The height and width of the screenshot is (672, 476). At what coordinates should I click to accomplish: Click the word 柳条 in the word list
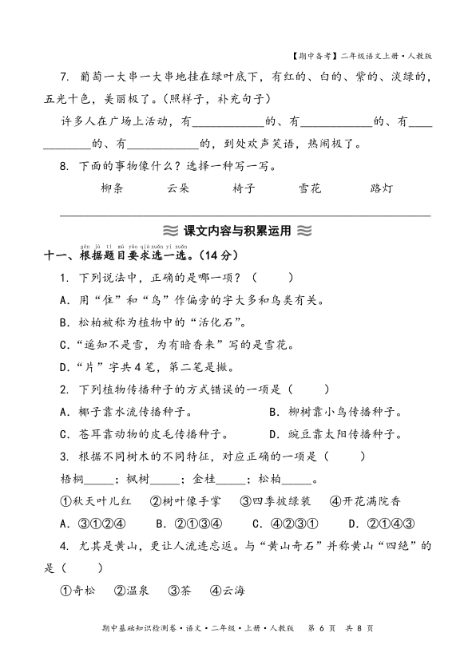click(113, 189)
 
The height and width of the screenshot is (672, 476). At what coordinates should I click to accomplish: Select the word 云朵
click(178, 189)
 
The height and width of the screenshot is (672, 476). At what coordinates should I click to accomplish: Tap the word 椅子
click(244, 189)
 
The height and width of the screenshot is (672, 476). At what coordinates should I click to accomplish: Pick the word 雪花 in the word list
click(309, 189)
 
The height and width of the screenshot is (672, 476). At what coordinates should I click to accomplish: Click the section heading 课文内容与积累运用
click(237, 231)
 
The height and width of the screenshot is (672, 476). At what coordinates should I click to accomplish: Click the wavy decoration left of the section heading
click(169, 231)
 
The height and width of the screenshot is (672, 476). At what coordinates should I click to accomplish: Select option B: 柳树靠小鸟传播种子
click(335, 412)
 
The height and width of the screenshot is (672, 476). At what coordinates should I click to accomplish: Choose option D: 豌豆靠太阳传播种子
click(335, 434)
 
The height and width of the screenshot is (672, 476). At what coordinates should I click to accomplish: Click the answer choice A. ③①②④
click(93, 524)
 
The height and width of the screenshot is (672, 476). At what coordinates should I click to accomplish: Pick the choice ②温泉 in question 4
click(131, 591)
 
